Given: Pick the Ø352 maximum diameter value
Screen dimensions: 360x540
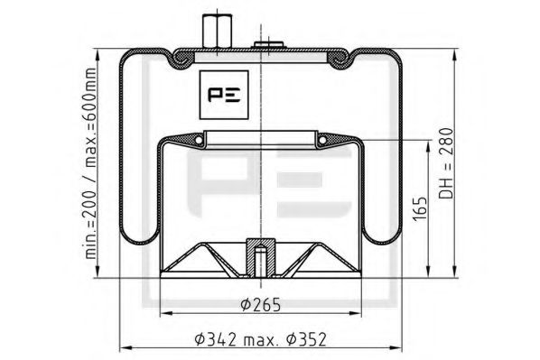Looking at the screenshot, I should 304,339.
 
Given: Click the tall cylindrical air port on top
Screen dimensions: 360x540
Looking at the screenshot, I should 216,29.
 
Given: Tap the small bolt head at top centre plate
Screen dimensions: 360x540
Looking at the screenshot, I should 267,44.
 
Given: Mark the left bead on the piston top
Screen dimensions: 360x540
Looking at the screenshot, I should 195,139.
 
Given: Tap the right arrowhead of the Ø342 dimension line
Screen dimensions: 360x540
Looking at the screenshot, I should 396,348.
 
